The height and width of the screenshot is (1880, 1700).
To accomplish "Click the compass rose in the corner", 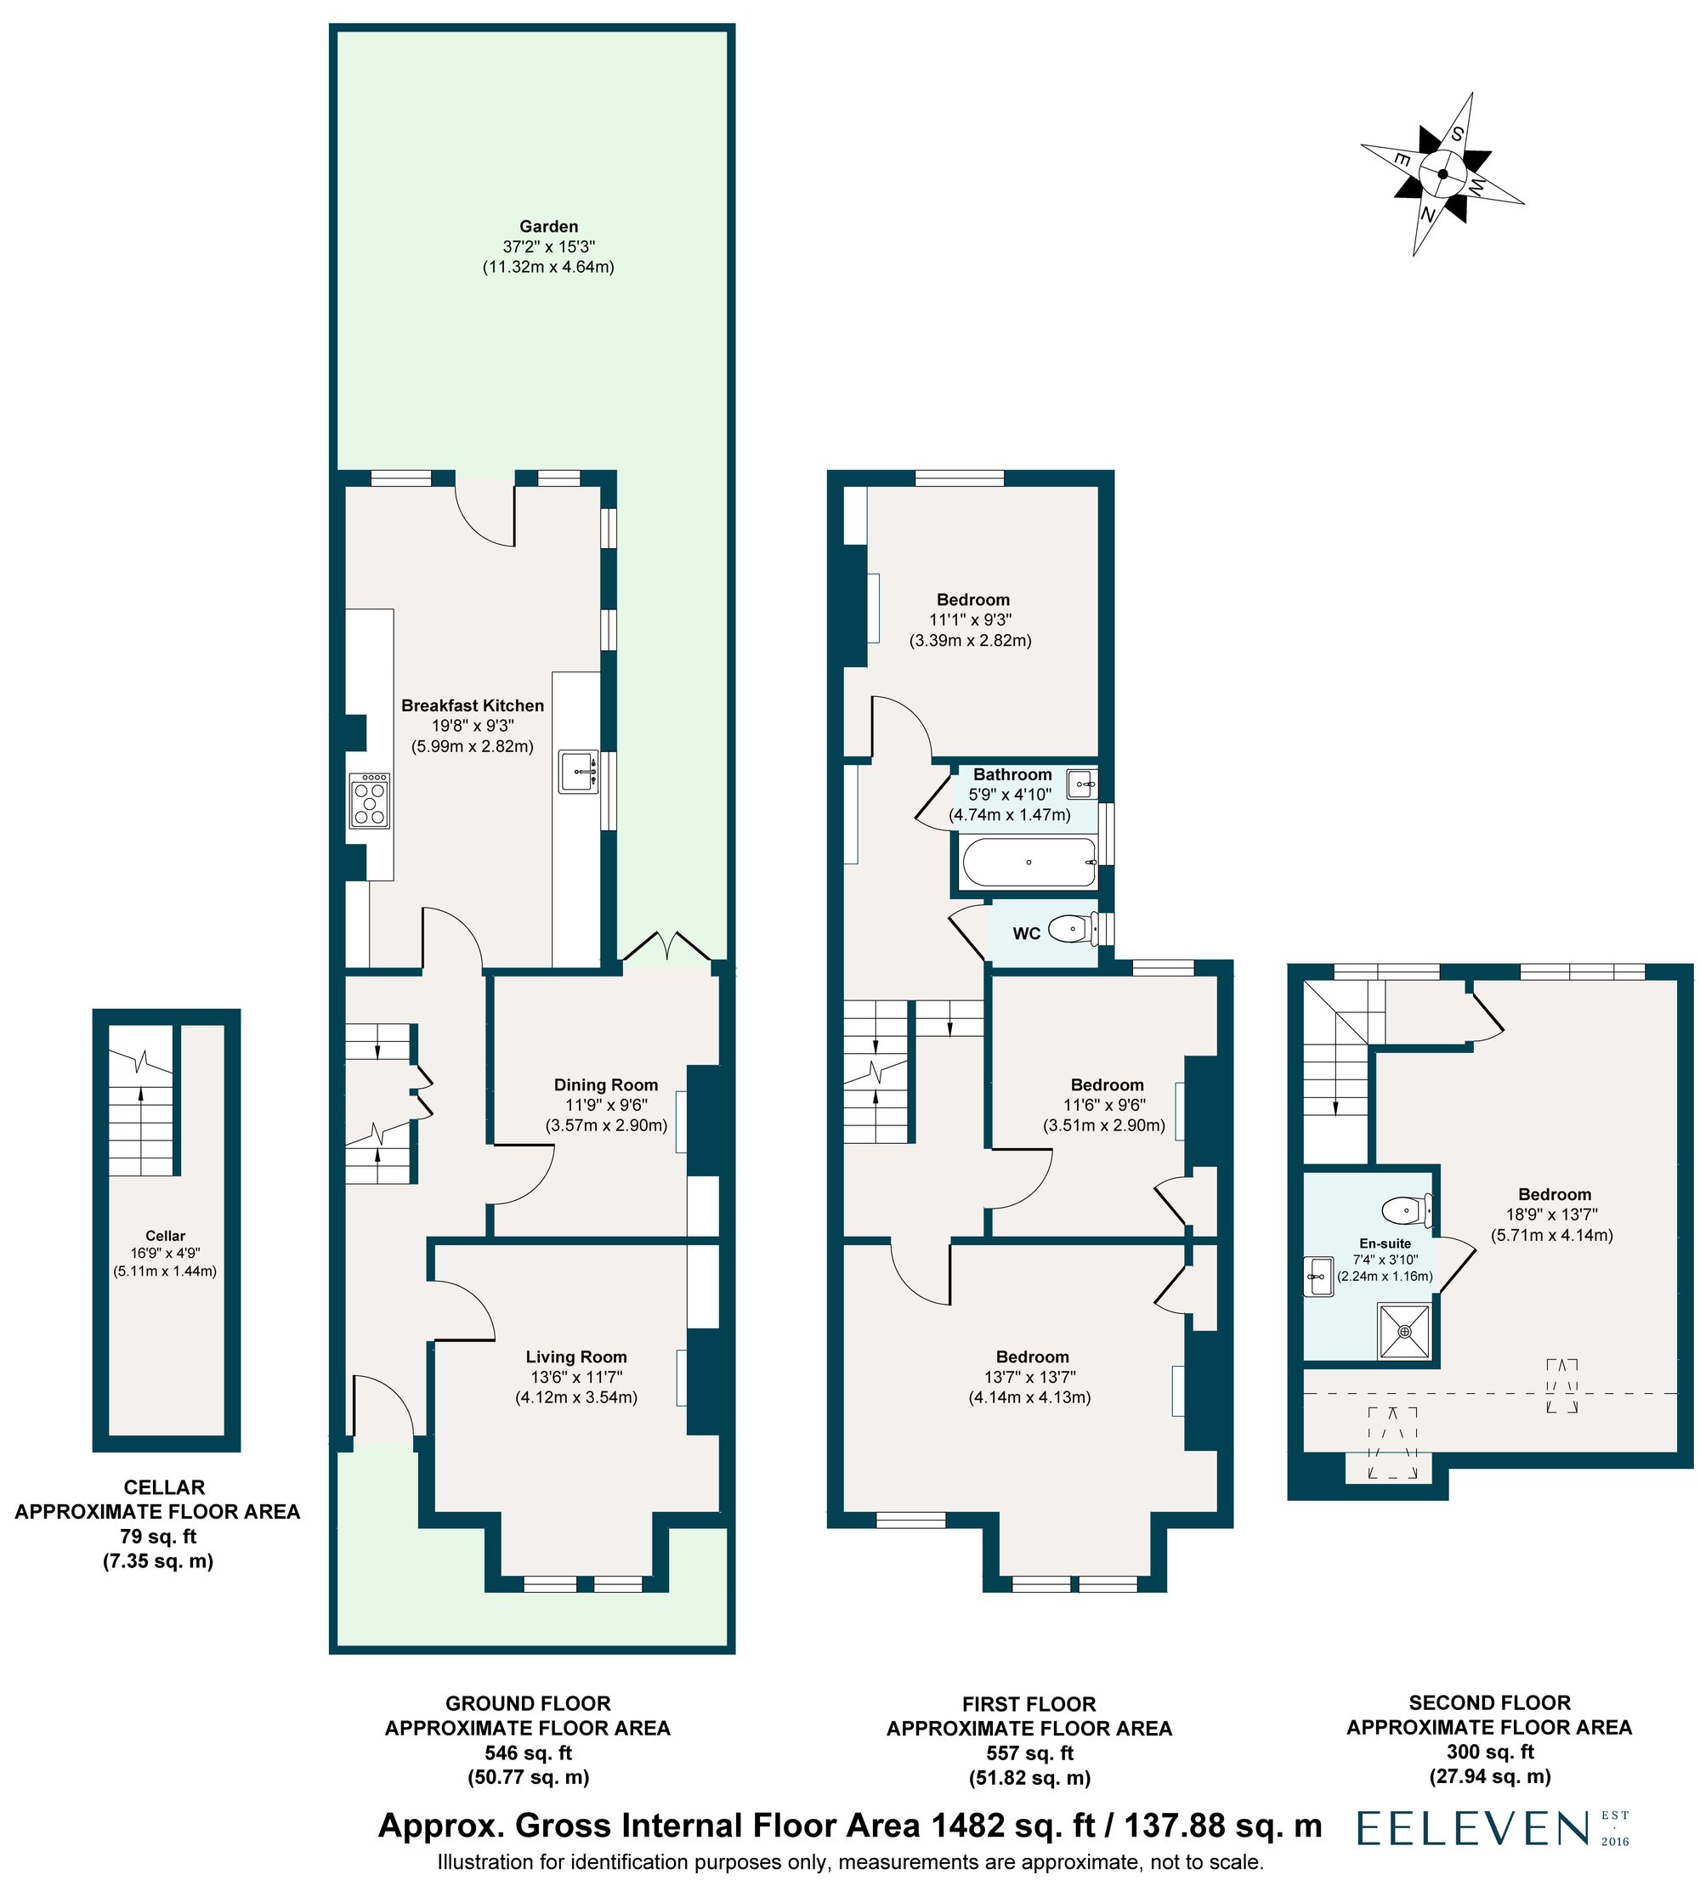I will [x=1442, y=174].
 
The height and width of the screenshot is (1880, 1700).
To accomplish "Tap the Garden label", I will [x=548, y=227].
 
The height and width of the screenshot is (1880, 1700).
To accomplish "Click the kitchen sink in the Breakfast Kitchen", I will [x=579, y=771].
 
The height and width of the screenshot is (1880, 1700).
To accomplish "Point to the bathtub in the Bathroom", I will [x=1028, y=863].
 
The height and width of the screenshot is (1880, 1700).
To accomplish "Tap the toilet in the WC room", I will [x=1069, y=929].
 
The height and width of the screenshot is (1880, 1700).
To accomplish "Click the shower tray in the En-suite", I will [x=1404, y=1331].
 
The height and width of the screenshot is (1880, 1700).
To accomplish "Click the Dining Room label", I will [x=605, y=1084].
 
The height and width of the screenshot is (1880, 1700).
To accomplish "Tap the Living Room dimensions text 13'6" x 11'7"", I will [x=575, y=1377].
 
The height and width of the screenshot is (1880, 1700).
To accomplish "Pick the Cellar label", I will [x=165, y=1236].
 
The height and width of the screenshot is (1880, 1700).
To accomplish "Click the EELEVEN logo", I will [x=1472, y=1830].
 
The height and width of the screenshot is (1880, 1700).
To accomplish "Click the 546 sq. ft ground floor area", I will [x=528, y=1753].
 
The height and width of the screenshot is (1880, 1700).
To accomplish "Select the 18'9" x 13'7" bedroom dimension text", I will [x=1553, y=1215].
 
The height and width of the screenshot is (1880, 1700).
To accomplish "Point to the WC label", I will [x=1026, y=933].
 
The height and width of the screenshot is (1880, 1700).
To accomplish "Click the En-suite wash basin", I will [x=1318, y=1275].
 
